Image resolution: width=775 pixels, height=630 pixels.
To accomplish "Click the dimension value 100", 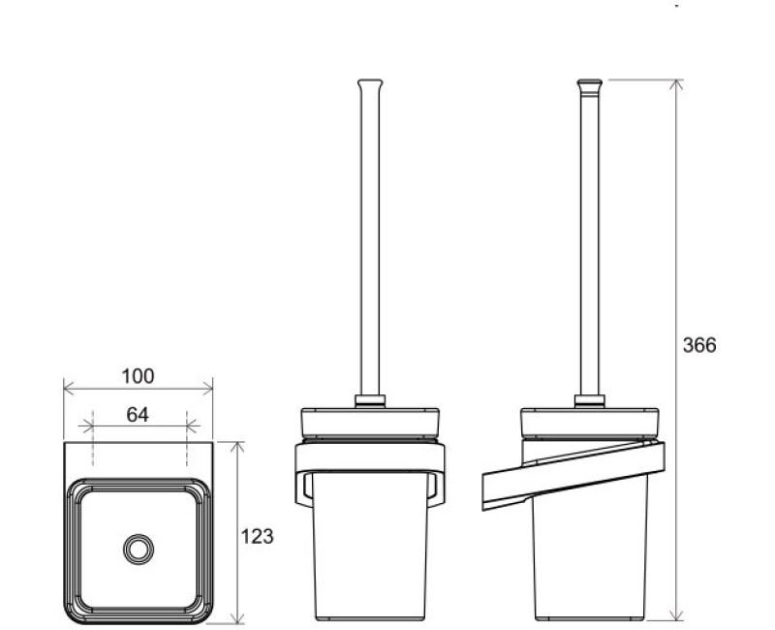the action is coord(138,376).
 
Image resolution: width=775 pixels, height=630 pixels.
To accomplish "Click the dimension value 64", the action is coord(138,415).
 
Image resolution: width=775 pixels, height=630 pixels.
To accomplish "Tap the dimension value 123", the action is coord(257,537).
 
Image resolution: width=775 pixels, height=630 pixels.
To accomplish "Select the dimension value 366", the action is coord(699,345).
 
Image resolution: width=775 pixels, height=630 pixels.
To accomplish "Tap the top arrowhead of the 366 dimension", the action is coord(676,84).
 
